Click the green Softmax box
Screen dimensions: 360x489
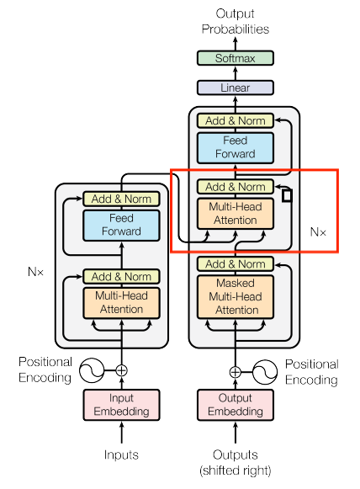(x=236, y=58)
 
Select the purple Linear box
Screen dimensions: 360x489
(x=236, y=88)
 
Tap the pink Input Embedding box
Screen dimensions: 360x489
(x=121, y=405)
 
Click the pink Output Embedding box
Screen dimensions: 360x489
(x=236, y=405)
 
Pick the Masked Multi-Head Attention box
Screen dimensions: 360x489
(x=236, y=296)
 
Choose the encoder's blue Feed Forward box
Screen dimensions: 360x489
(x=121, y=226)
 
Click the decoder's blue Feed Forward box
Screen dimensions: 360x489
(x=236, y=148)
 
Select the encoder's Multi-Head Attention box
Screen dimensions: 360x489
(x=121, y=303)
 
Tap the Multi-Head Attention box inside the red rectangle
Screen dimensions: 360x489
(x=236, y=214)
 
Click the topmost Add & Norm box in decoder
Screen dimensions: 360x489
(x=236, y=120)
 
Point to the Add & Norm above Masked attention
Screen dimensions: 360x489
(x=236, y=263)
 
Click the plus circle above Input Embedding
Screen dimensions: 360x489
(x=122, y=370)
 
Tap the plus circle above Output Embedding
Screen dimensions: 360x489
(x=236, y=372)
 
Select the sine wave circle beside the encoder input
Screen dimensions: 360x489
(x=92, y=370)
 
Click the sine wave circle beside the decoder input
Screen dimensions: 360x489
(x=265, y=372)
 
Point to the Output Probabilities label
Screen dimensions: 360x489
(x=236, y=21)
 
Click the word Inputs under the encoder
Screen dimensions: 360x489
(x=121, y=454)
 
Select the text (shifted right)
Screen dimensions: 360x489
(x=236, y=470)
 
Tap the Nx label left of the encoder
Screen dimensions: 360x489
(x=35, y=272)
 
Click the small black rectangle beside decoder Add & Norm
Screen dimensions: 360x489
(x=287, y=196)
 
